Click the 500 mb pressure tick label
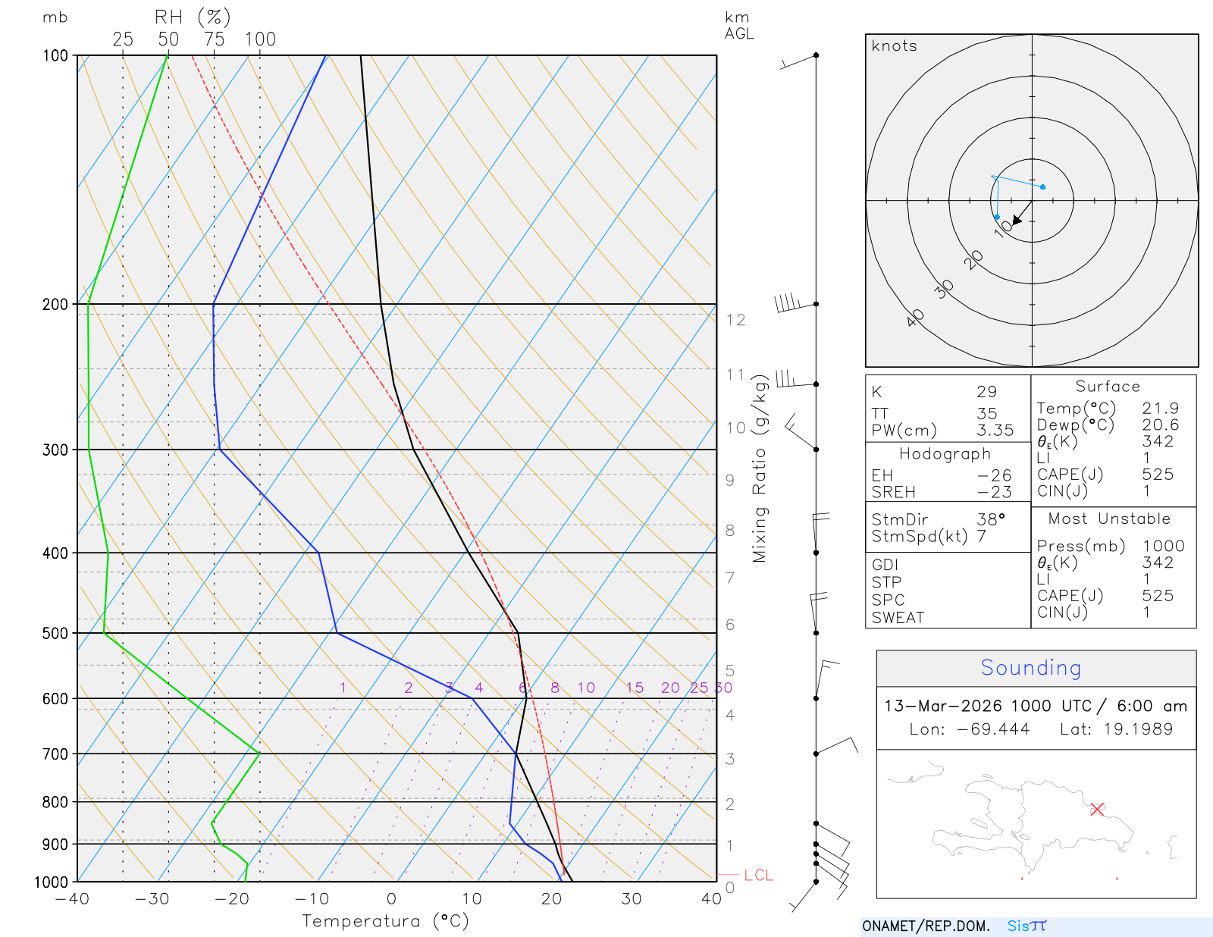coord(55,633)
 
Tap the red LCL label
coord(758,876)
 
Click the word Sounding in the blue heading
coord(1030,668)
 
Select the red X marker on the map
coord(1097,809)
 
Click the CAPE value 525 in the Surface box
coord(1158,475)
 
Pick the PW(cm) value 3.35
coord(995,431)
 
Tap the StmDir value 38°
coord(991,520)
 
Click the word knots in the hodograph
coord(895,46)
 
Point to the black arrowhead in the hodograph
coord(1017,220)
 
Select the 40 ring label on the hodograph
coord(915,318)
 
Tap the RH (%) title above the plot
coord(193,17)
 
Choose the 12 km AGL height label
coord(735,320)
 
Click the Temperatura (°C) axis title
coord(385,921)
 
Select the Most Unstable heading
coord(1109,519)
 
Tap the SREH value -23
coord(995,492)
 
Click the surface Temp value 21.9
coord(1160,409)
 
